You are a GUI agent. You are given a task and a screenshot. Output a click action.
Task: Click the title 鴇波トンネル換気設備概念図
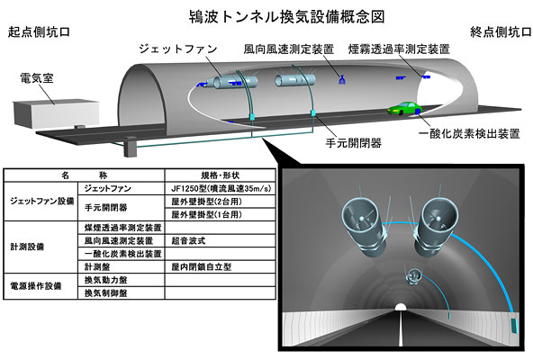[286, 16]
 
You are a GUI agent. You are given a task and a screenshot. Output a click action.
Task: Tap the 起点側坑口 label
[39, 32]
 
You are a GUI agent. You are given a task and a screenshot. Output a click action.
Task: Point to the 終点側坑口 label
[501, 32]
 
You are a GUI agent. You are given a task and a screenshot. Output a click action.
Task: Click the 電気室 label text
[37, 78]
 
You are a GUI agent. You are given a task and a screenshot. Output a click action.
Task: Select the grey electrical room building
[56, 113]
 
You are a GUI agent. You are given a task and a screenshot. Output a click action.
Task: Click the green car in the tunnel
[405, 108]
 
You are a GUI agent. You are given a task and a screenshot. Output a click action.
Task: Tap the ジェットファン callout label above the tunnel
[178, 49]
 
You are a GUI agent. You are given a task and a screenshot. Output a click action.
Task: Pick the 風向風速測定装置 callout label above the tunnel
[289, 49]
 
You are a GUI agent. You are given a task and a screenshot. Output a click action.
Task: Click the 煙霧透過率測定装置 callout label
[399, 49]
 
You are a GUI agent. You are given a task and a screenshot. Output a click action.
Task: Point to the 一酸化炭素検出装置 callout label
[469, 133]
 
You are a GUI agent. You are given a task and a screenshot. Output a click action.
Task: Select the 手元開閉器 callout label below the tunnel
[354, 143]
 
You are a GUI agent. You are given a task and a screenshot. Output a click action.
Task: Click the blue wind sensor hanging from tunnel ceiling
[342, 79]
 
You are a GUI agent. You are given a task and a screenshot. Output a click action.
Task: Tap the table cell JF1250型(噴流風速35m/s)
[221, 188]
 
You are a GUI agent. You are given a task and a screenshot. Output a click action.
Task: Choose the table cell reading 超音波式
[188, 240]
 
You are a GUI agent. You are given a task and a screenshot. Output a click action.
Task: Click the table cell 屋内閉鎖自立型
[202, 267]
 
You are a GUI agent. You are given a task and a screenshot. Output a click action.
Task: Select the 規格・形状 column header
[221, 175]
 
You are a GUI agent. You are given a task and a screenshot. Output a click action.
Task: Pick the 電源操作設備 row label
[36, 286]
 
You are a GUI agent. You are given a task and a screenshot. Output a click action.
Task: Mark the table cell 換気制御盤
[105, 292]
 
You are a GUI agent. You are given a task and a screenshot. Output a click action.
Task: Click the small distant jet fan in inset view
[413, 275]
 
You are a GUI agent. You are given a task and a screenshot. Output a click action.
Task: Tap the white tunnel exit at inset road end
[401, 307]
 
